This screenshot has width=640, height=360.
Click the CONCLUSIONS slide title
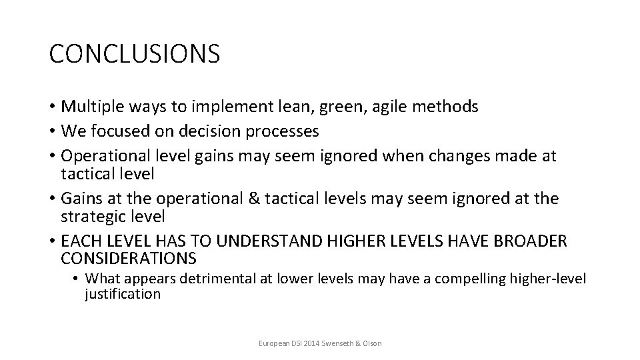(x=134, y=54)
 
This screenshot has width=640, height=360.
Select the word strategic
(x=92, y=217)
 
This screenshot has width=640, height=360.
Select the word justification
(x=123, y=294)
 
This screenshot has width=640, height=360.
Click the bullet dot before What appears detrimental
(x=77, y=279)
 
